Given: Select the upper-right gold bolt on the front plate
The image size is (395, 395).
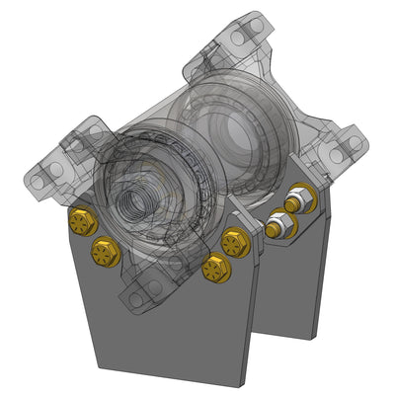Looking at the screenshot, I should pos(235,241).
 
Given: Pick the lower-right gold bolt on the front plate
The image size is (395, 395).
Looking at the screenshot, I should pos(215,267).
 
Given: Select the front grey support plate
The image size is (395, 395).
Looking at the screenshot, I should pos(168,326).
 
